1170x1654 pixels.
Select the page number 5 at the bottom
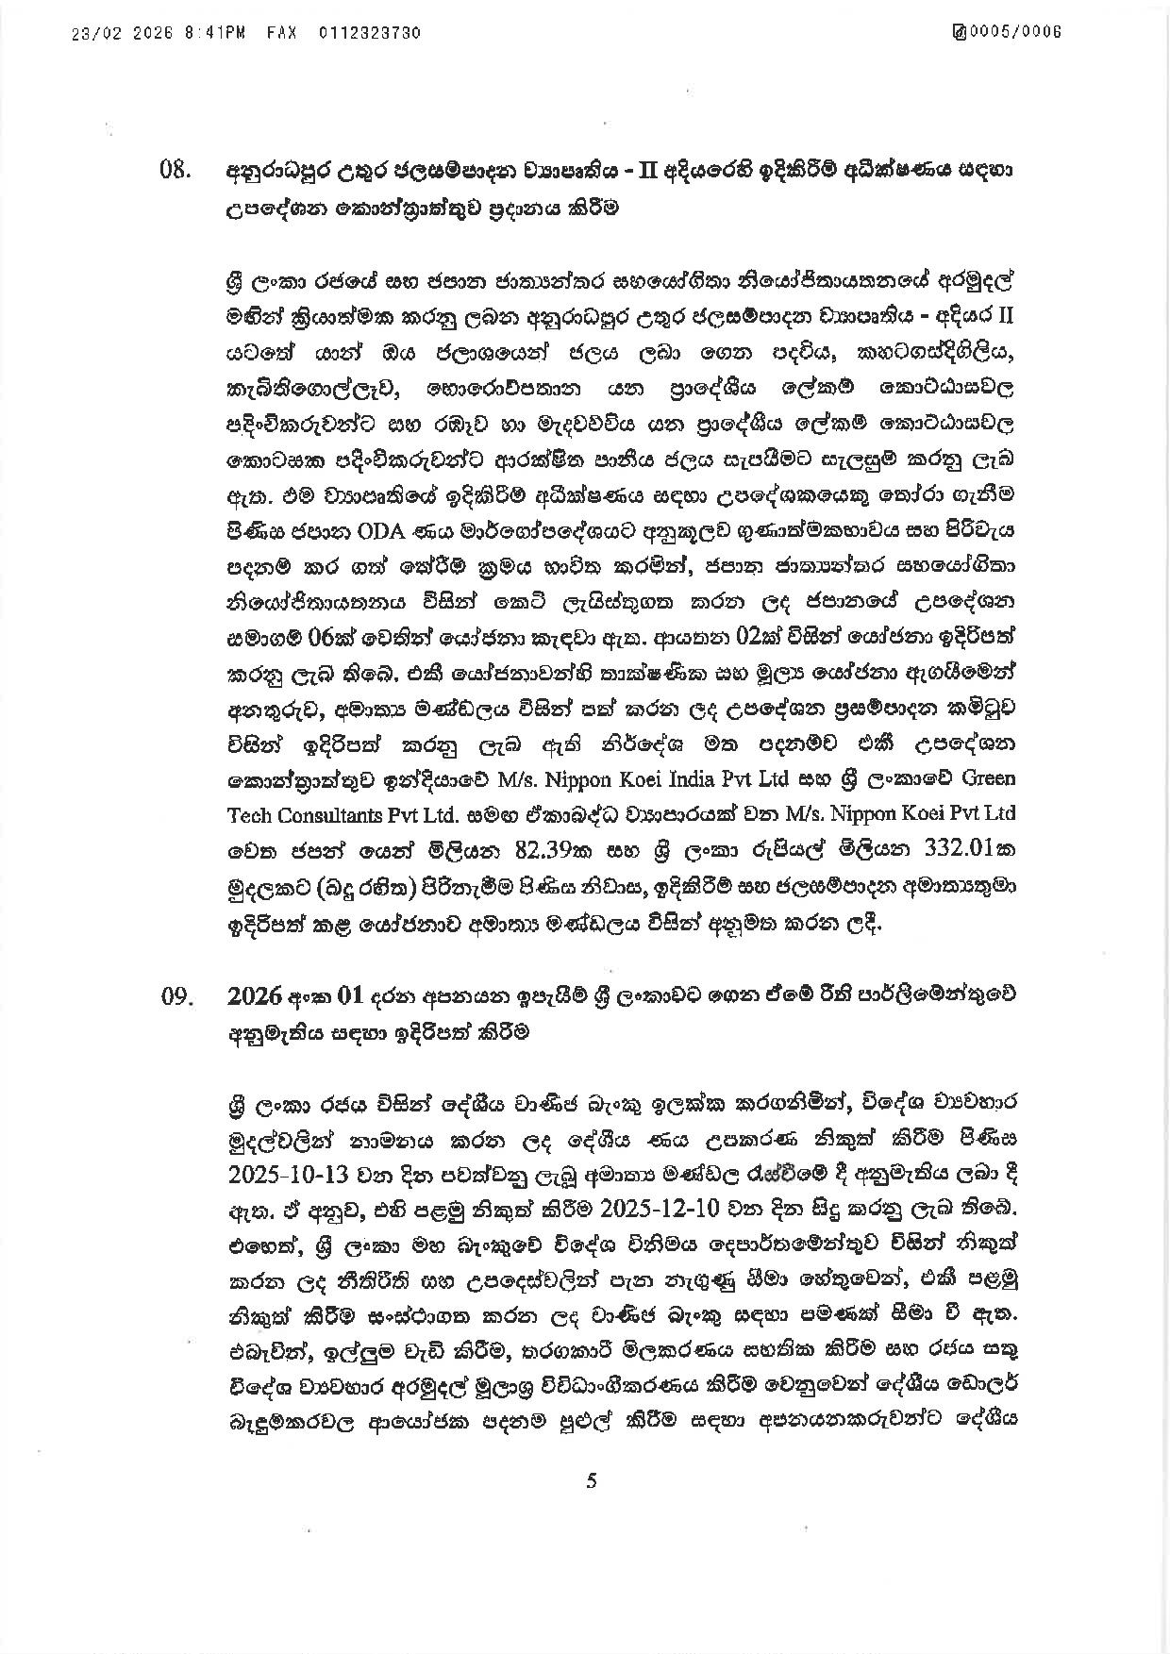click(x=592, y=1481)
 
